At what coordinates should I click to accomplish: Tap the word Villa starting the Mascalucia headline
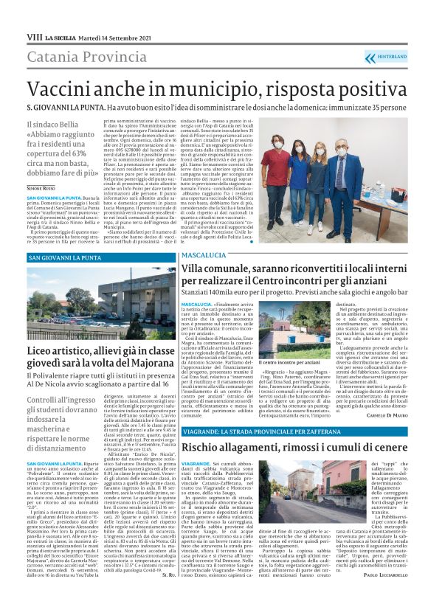point(193,271)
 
